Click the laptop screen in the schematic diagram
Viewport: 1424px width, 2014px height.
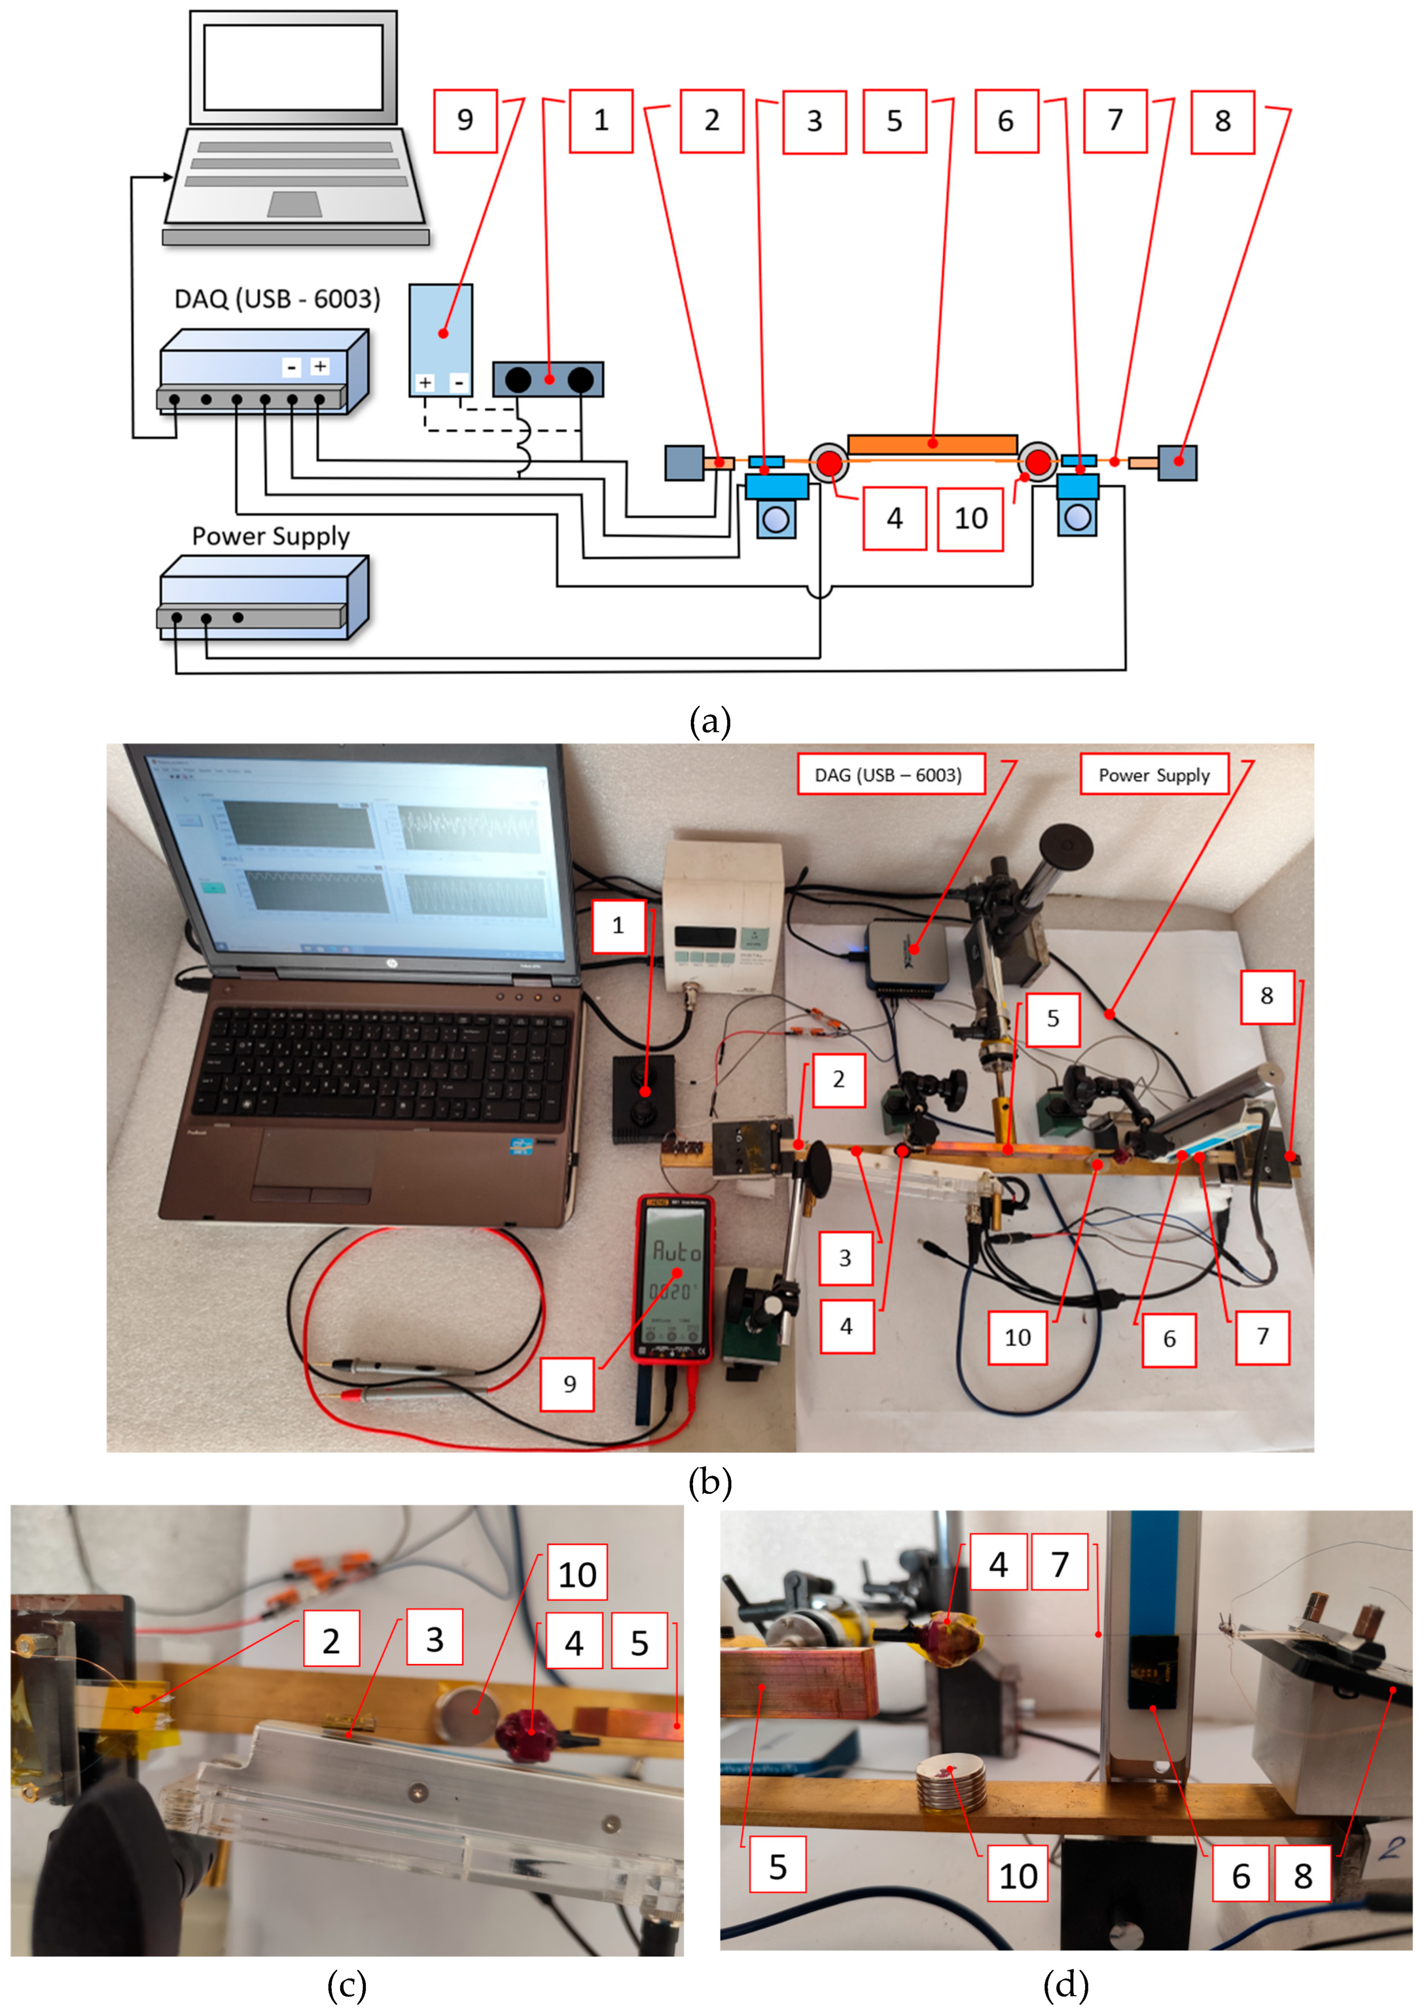[x=293, y=67]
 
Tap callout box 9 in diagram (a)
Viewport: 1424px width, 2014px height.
[x=465, y=121]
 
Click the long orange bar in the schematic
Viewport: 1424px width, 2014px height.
[x=932, y=444]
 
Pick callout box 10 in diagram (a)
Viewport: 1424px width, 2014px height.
[x=970, y=519]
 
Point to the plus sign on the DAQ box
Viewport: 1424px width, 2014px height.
[x=321, y=367]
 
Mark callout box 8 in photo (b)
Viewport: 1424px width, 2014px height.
[x=1266, y=997]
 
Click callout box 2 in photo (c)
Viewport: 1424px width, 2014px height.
[x=331, y=1640]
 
